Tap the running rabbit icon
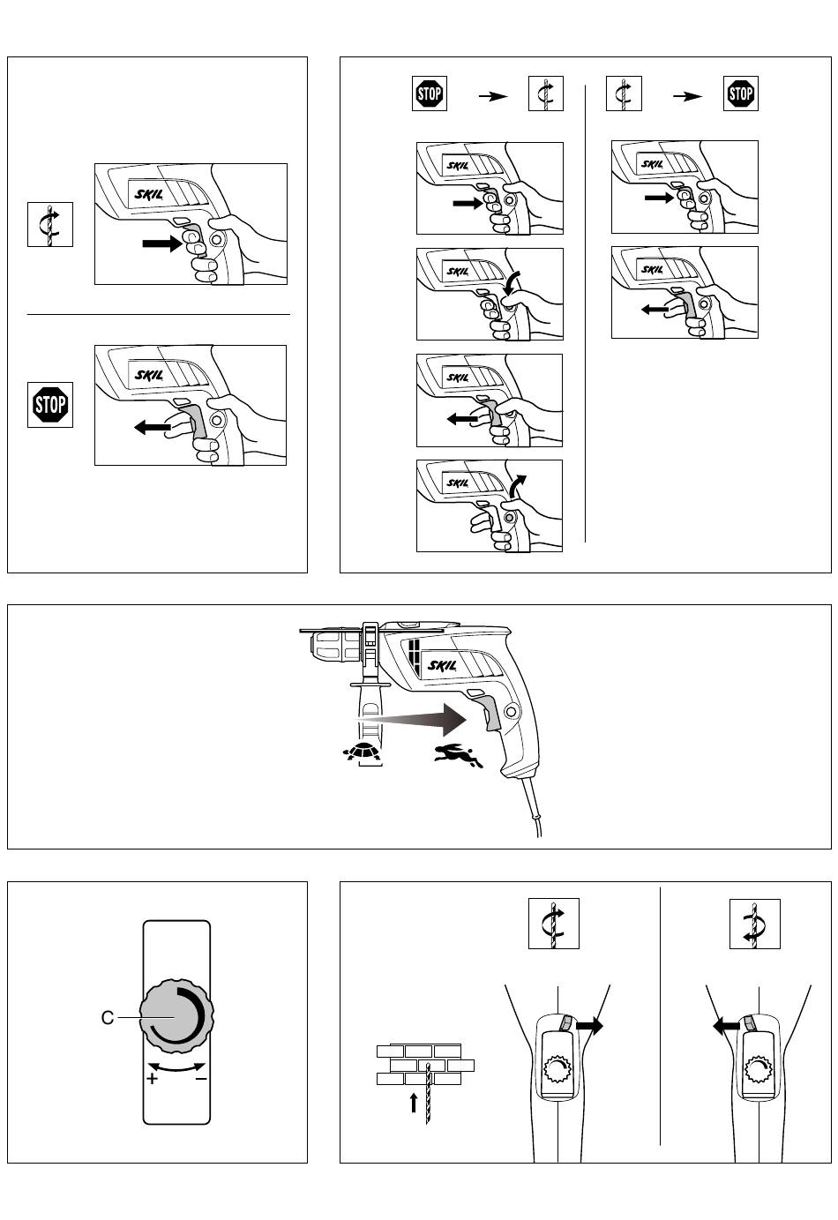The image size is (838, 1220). tap(457, 754)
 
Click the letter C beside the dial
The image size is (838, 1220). tap(108, 1018)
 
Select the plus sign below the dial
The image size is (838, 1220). tap(153, 1078)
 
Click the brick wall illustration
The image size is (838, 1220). tap(424, 1064)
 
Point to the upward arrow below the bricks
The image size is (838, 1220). tap(413, 1103)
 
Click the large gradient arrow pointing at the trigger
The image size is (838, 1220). tap(415, 720)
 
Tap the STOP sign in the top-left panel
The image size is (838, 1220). tap(50, 405)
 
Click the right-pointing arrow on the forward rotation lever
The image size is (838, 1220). tap(589, 1026)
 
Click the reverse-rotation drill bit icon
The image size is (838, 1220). tap(754, 923)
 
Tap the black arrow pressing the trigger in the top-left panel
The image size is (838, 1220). tap(161, 243)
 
